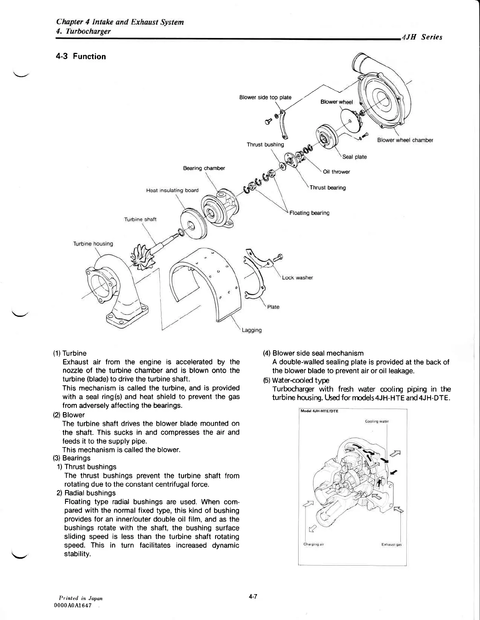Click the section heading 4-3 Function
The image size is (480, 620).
(x=81, y=56)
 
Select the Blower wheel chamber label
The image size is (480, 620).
(x=405, y=140)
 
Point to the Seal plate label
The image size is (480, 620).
(x=355, y=157)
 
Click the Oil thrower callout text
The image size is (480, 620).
(x=336, y=172)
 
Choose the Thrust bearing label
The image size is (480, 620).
(x=328, y=187)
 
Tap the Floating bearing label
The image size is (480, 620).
(x=309, y=213)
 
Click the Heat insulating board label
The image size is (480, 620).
(x=172, y=191)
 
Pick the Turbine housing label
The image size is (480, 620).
(x=93, y=244)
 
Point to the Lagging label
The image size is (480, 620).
(x=252, y=330)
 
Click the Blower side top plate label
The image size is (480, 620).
(x=265, y=97)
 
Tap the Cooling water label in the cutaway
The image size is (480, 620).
(x=376, y=422)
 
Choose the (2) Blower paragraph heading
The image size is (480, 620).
(x=69, y=415)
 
